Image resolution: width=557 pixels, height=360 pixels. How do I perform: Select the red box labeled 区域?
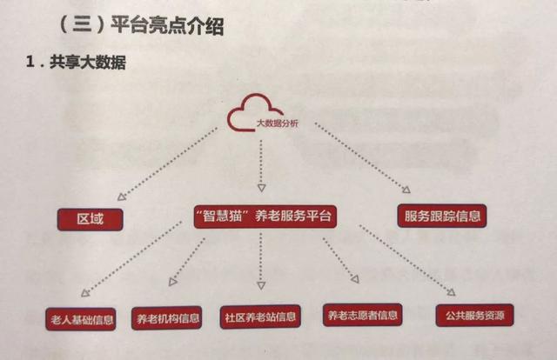[x=90, y=218]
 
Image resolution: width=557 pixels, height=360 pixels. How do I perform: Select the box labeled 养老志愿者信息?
[x=360, y=315]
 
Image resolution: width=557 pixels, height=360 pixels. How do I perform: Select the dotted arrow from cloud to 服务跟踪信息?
[x=362, y=157]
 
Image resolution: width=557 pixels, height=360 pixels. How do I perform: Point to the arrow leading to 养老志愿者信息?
[x=339, y=260]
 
